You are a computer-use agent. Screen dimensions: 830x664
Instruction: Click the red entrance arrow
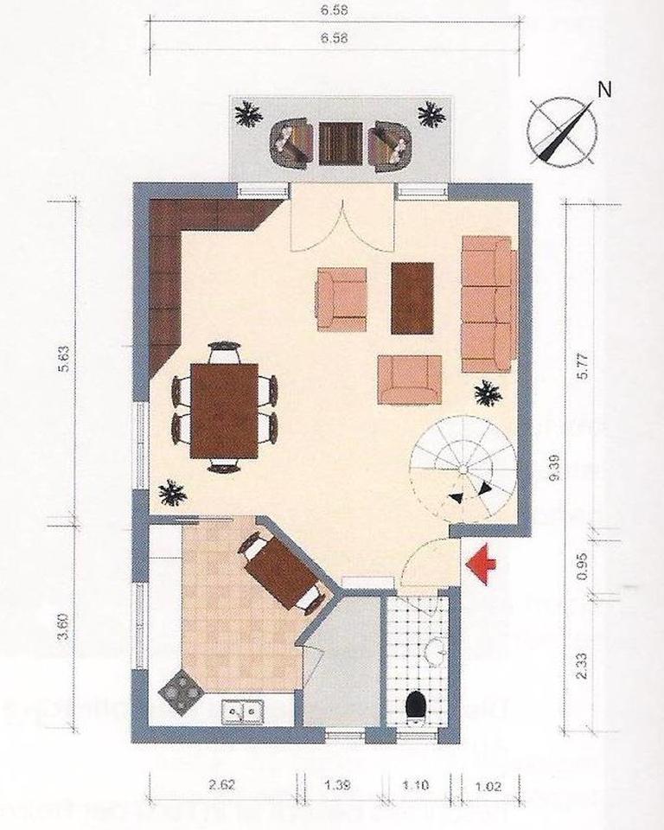point(481,563)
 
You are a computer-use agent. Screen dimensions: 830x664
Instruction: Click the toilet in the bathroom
point(416,705)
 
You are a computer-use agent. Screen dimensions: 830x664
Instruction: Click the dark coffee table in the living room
point(412,297)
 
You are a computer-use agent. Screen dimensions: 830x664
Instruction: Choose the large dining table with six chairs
point(224,409)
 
